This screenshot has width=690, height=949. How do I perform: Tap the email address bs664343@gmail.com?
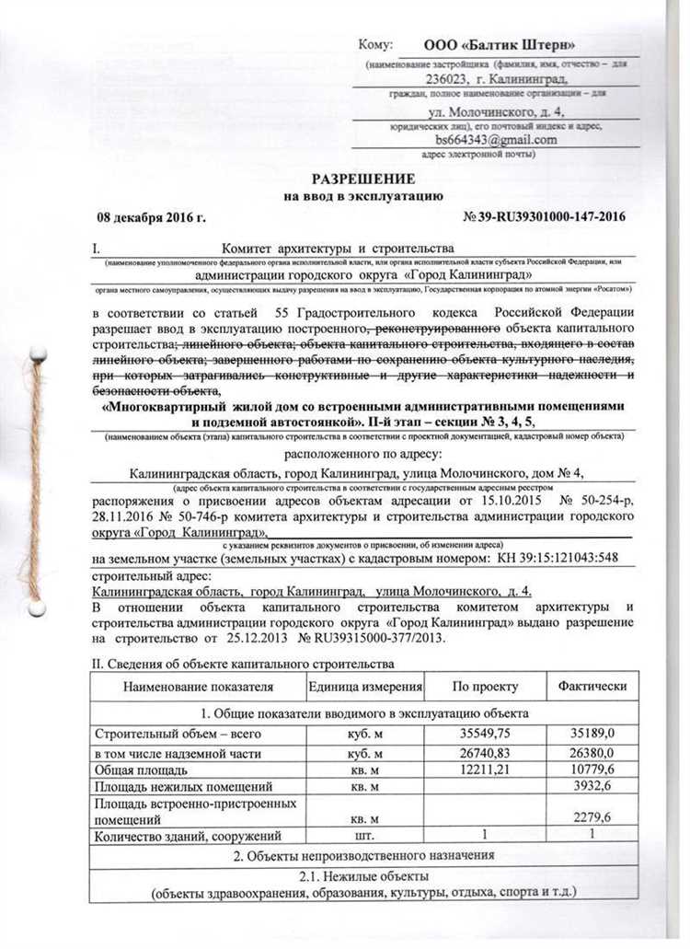coord(497,140)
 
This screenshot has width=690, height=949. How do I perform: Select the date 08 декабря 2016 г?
coord(152,217)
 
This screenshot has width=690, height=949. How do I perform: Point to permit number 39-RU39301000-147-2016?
coord(548,217)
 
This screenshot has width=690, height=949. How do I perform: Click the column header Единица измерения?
coord(365,687)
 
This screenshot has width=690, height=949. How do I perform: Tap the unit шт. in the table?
coord(364,835)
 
